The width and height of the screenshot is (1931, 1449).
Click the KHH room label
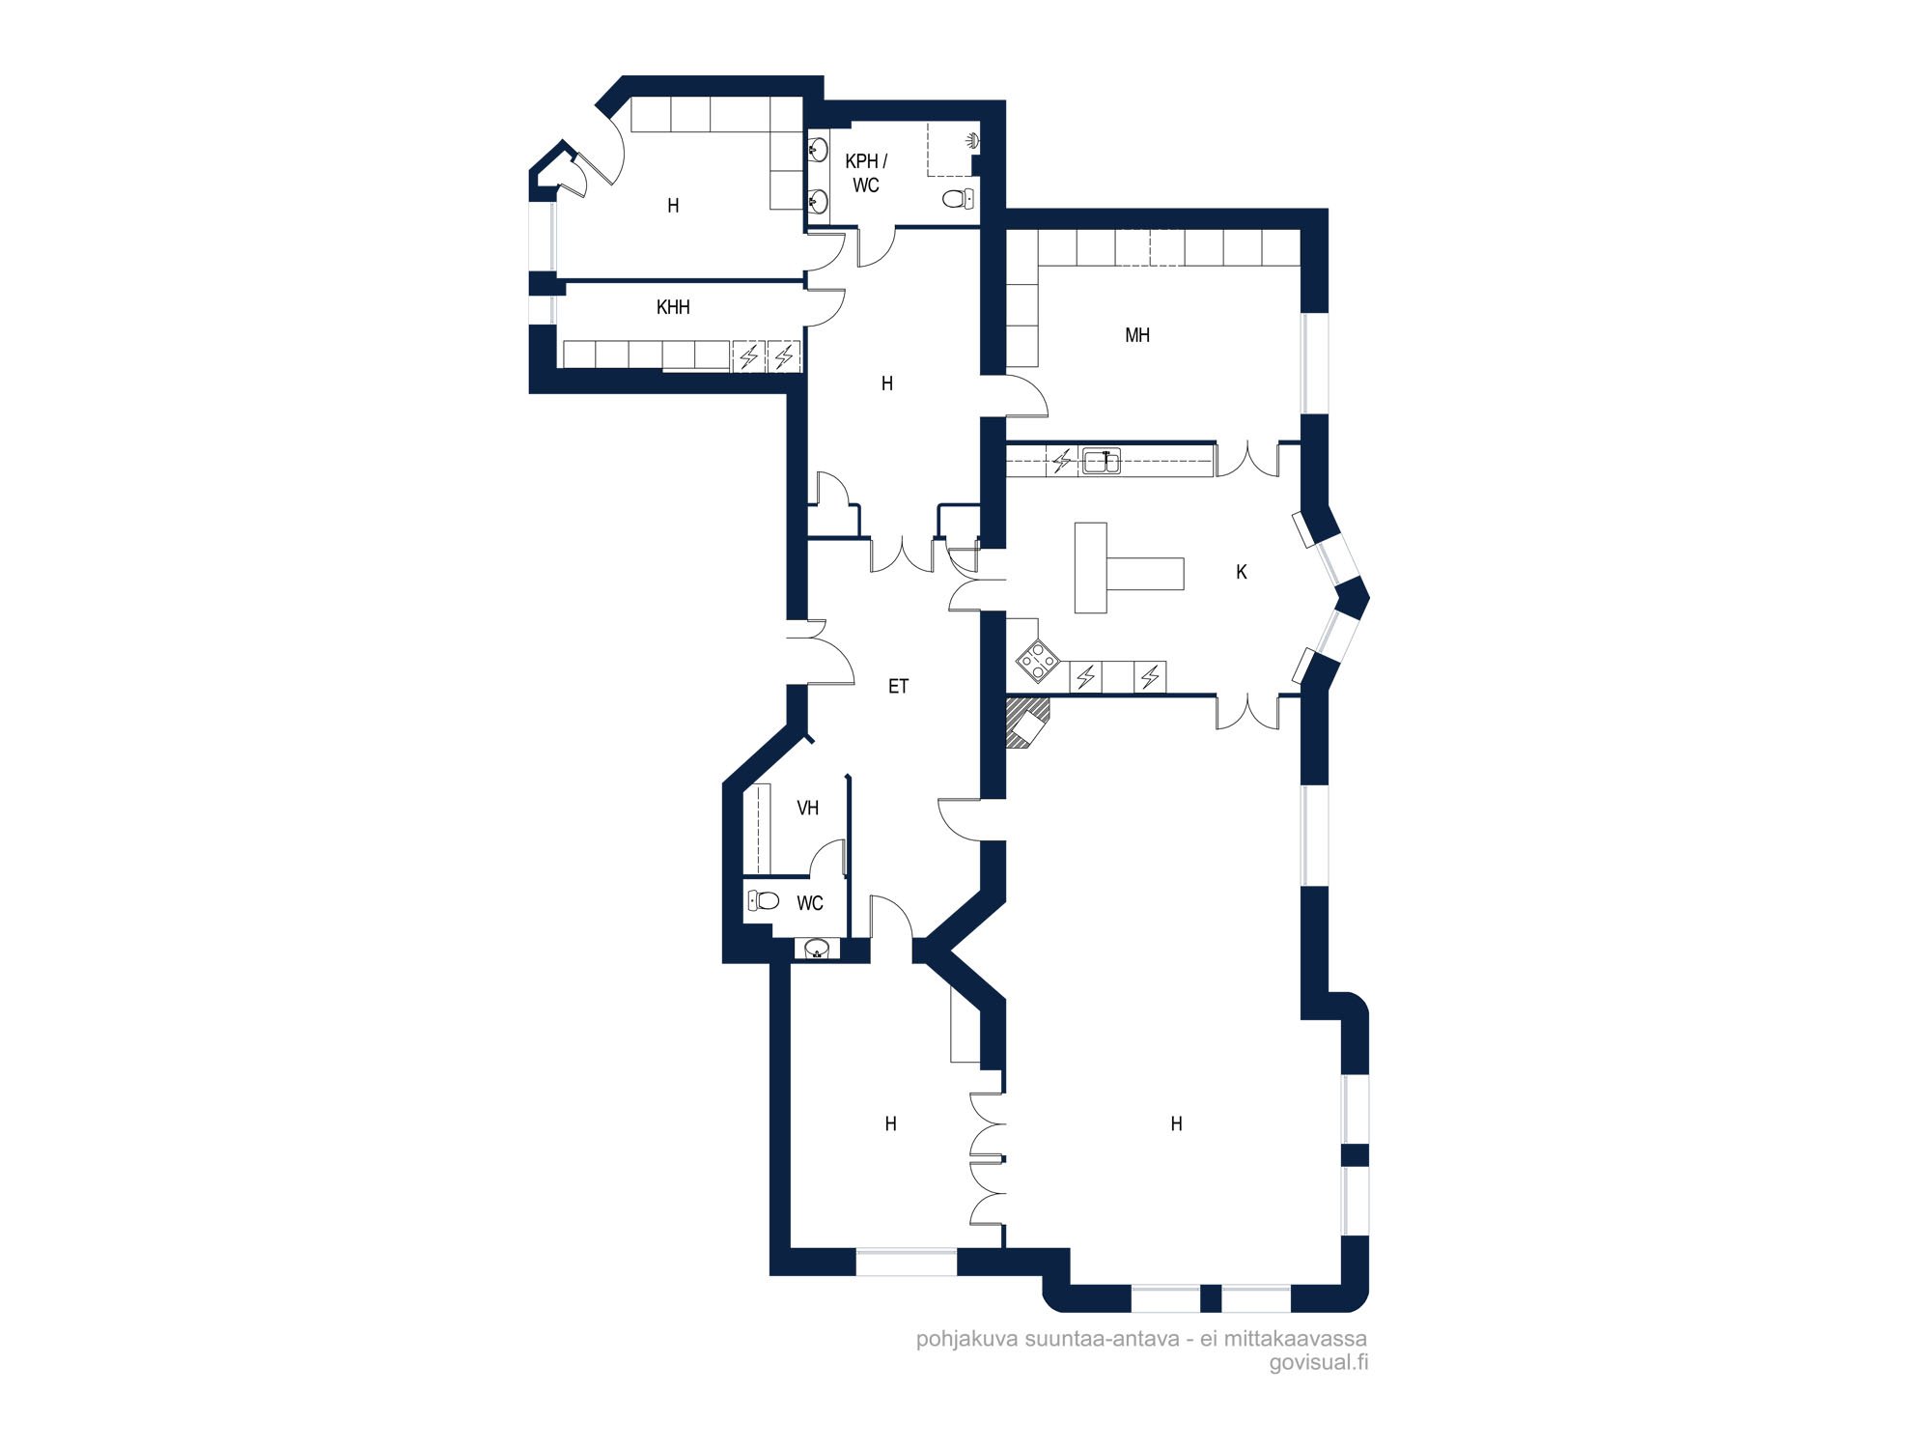[x=673, y=307]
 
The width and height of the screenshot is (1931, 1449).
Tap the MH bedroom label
[x=1137, y=335]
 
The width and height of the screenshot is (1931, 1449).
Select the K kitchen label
[x=1242, y=572]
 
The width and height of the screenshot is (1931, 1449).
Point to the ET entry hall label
[x=898, y=687]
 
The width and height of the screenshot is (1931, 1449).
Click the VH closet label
[x=808, y=808]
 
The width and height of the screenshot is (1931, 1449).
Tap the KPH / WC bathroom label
[x=866, y=173]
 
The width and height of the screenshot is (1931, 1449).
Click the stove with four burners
[x=1037, y=662]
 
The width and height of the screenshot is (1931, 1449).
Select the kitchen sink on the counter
[x=1101, y=462]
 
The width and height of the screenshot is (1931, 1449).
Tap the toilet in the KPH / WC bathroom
[x=958, y=199]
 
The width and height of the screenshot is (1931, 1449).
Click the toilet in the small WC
[x=764, y=901]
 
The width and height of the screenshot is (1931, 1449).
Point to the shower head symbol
[x=973, y=141]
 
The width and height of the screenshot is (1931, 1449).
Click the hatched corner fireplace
[x=1025, y=722]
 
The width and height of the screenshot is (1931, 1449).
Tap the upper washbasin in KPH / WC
[x=818, y=150]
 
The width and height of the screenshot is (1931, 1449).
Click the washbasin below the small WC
[x=817, y=949]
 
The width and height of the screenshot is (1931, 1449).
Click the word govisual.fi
[x=1318, y=1363]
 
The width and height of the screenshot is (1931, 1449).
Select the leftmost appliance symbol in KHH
[x=749, y=356]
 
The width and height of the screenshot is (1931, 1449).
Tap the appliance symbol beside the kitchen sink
[x=1062, y=462]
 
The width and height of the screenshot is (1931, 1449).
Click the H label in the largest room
[x=1176, y=1123]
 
